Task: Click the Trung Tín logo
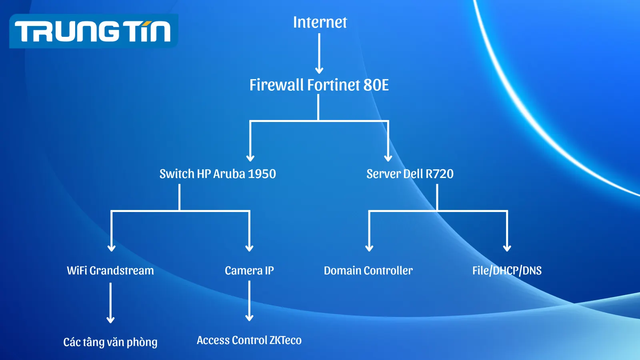[94, 31]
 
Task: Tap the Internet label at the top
[320, 22]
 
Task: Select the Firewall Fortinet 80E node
[319, 85]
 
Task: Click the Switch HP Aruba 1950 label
[218, 174]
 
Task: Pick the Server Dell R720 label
[410, 174]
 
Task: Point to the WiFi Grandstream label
[110, 271]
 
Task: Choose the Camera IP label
[249, 271]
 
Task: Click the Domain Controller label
[368, 271]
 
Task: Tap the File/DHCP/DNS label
[507, 271]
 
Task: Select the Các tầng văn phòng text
[110, 342]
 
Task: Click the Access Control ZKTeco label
[249, 340]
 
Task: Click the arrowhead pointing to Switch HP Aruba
[250, 158]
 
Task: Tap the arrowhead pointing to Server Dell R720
[388, 158]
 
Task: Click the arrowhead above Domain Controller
[369, 248]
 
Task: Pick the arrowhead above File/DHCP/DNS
[507, 248]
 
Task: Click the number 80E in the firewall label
[376, 85]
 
